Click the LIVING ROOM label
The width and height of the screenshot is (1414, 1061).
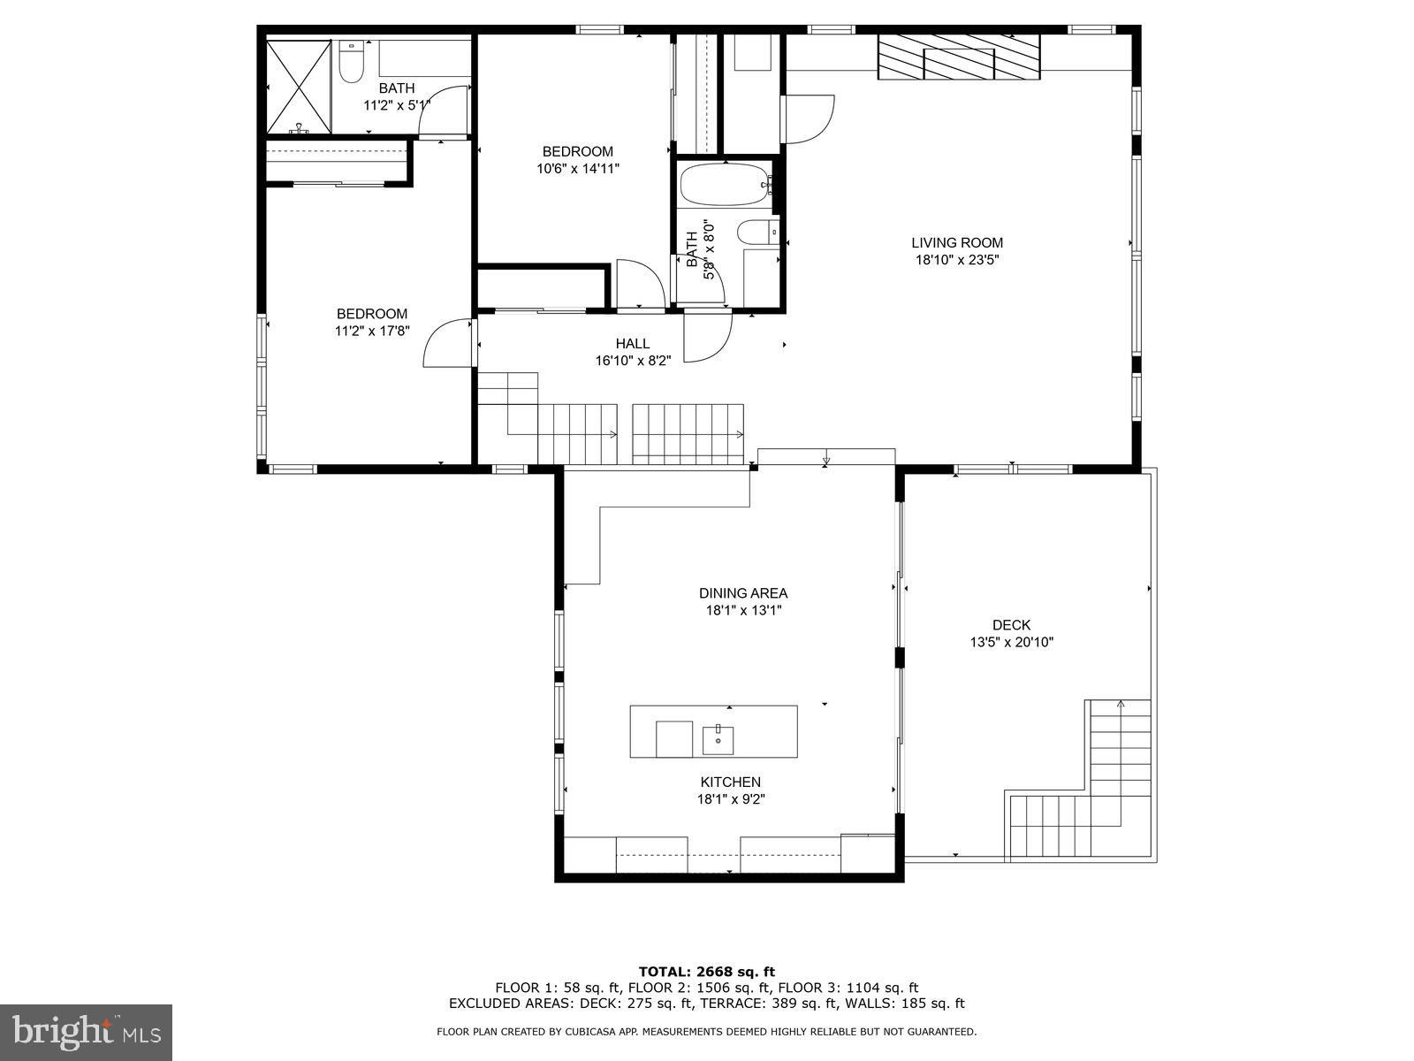(956, 243)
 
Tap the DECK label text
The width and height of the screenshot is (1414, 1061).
(1011, 625)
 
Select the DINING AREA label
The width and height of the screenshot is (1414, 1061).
(743, 593)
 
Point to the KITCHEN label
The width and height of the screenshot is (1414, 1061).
(731, 782)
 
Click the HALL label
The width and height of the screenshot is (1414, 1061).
(633, 344)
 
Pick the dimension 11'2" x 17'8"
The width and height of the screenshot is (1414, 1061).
(372, 331)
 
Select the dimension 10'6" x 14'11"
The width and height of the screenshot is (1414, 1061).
(578, 169)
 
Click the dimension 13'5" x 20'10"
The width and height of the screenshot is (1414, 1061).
(1011, 642)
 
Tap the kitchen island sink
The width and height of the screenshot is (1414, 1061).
(718, 738)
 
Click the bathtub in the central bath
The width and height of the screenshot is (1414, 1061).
(726, 184)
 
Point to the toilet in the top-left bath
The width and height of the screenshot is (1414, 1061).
(351, 62)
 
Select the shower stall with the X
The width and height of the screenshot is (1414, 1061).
(299, 87)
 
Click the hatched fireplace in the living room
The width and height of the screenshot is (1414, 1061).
(959, 57)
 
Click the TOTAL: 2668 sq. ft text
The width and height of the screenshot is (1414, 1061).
(707, 972)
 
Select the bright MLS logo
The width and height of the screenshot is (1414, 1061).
(87, 1031)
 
